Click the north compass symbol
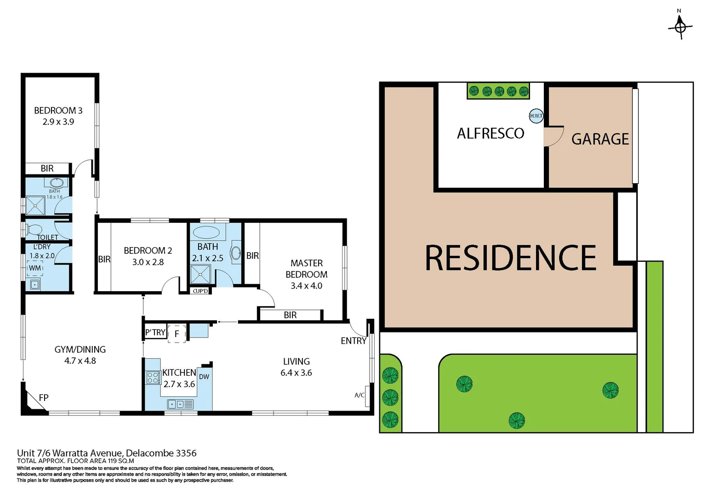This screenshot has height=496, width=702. pyautogui.click(x=680, y=27)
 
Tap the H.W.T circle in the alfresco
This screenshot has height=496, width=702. pyautogui.click(x=536, y=116)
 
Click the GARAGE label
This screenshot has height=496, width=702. pyautogui.click(x=600, y=139)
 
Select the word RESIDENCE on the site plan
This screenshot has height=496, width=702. pyautogui.click(x=510, y=258)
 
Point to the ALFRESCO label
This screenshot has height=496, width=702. pyautogui.click(x=491, y=134)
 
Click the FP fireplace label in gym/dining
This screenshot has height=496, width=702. pyautogui.click(x=44, y=398)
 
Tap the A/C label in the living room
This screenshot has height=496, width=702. pyautogui.click(x=360, y=395)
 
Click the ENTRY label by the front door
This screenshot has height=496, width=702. pyautogui.click(x=353, y=341)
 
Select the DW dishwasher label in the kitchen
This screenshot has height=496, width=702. pyautogui.click(x=204, y=377)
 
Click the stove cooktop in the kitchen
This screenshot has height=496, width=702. pyautogui.click(x=153, y=378)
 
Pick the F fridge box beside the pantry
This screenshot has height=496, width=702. pyautogui.click(x=177, y=334)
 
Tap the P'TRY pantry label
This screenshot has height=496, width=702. pyautogui.click(x=155, y=333)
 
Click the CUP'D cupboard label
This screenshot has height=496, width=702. pyautogui.click(x=200, y=291)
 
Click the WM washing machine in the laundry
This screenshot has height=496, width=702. pyautogui.click(x=35, y=268)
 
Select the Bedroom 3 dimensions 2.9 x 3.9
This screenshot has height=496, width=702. pyautogui.click(x=58, y=122)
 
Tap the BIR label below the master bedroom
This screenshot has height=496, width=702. pyautogui.click(x=290, y=315)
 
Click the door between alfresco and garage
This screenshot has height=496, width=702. pyautogui.click(x=554, y=137)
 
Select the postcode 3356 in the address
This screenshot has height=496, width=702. pyautogui.click(x=186, y=453)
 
